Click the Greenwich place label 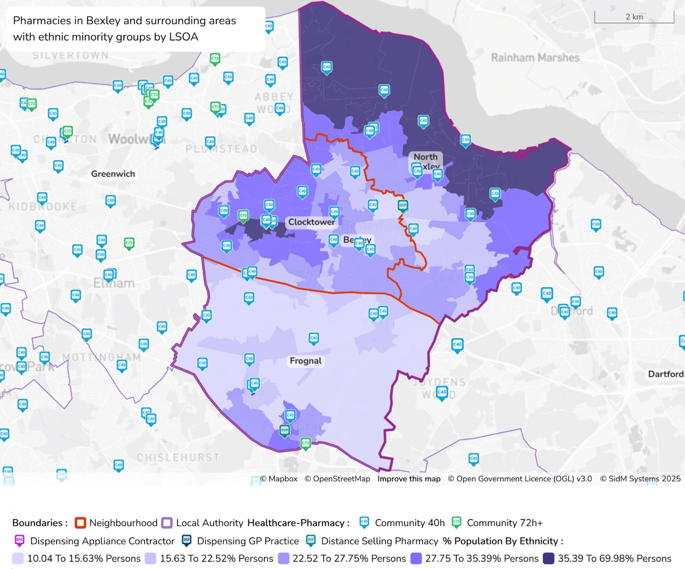click(x=113, y=174)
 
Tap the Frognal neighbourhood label click(x=306, y=361)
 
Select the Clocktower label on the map click(x=311, y=222)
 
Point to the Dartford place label click(x=665, y=374)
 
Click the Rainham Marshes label click(x=535, y=58)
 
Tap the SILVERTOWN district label click(x=71, y=55)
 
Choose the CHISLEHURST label click(x=178, y=457)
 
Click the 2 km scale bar click(x=634, y=17)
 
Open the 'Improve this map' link click(x=409, y=479)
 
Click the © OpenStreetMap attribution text click(x=337, y=479)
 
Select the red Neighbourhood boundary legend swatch click(x=80, y=523)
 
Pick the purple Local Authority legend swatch click(x=167, y=523)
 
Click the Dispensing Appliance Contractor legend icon click(x=19, y=541)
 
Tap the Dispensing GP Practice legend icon click(x=186, y=541)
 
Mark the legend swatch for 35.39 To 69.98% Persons click(x=548, y=558)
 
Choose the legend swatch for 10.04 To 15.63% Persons click(x=18, y=558)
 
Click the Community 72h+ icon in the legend click(x=456, y=522)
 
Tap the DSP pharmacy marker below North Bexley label click(x=402, y=206)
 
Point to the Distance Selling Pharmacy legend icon click(x=311, y=541)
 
